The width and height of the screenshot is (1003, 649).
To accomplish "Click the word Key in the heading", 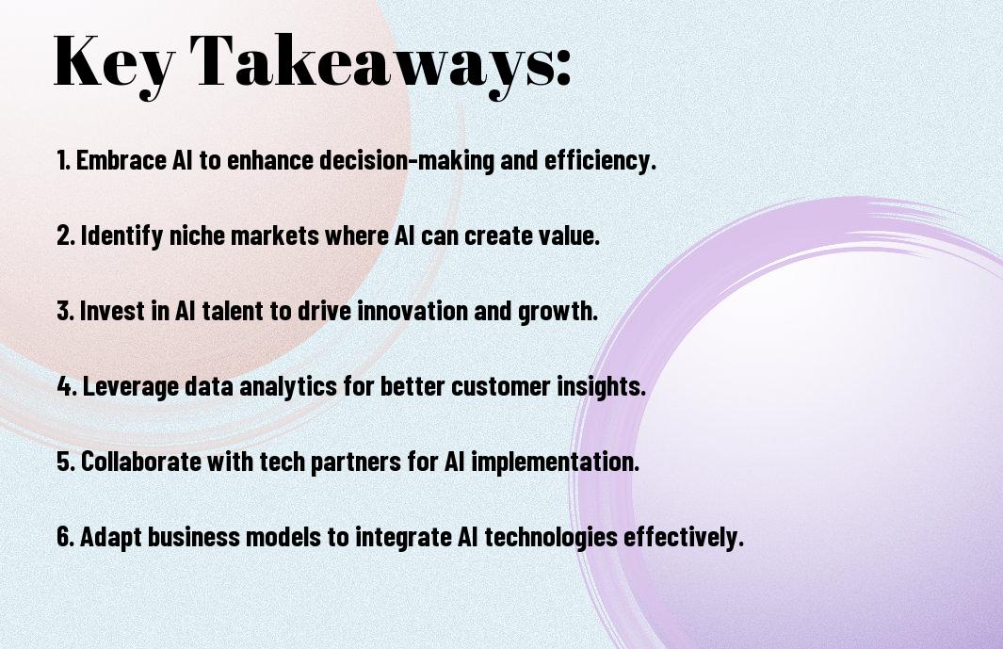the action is tap(113, 63).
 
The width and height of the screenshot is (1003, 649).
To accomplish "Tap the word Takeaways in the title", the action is tap(372, 63).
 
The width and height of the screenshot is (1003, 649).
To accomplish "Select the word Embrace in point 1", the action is tap(121, 160).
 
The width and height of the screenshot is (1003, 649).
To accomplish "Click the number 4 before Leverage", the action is tap(65, 386).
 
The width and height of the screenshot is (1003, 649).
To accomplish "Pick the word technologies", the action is tap(551, 537).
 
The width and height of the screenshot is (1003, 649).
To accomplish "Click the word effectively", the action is tap(681, 537).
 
